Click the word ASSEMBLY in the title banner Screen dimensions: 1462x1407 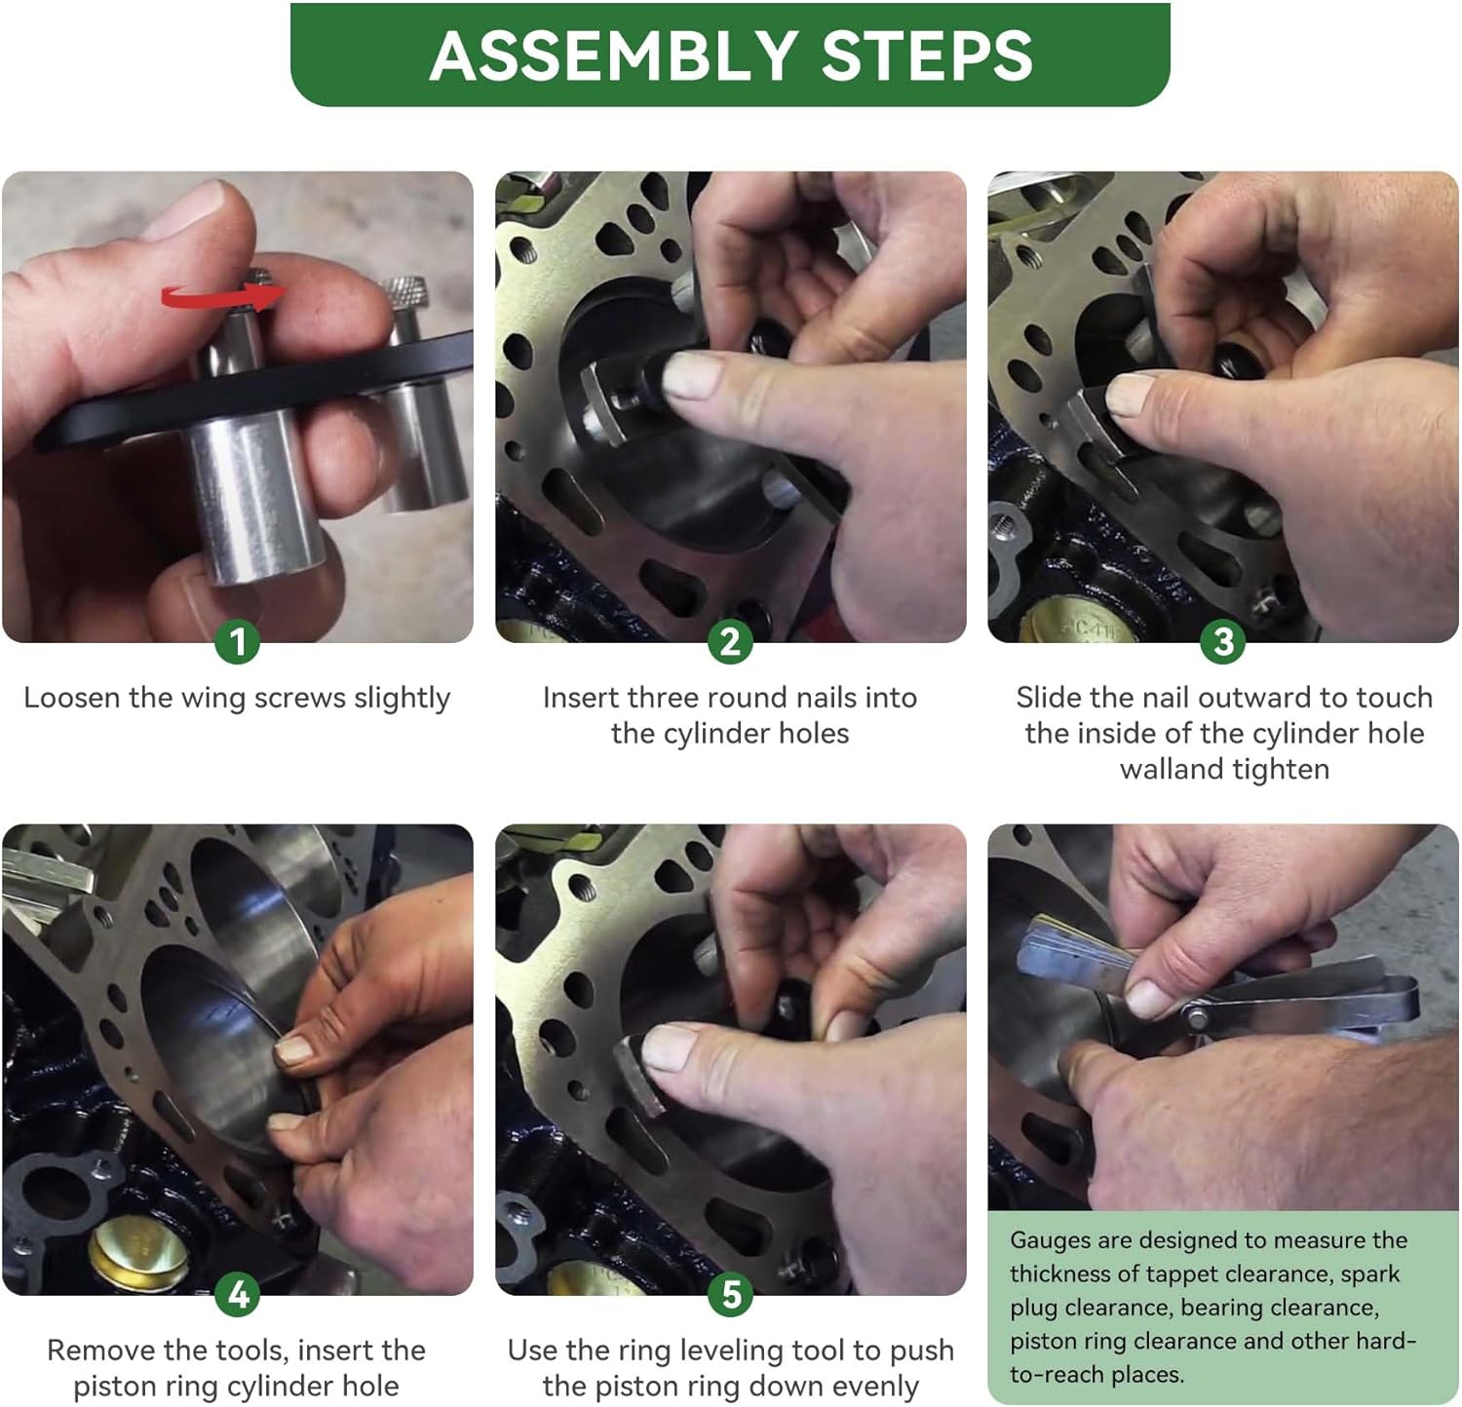point(614,55)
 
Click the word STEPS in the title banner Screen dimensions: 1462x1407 point(927,55)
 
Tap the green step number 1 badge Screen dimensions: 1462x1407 point(237,642)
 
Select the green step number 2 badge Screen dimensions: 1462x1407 point(730,642)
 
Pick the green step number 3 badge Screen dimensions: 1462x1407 point(1223,642)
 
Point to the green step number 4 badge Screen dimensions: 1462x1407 point(237,1295)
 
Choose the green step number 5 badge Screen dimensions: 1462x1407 point(730,1295)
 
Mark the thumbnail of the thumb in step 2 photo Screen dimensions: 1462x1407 point(693,374)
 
